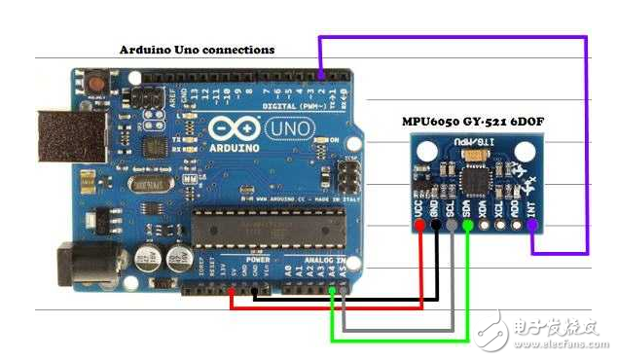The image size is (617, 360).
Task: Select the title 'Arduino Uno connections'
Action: [197, 49]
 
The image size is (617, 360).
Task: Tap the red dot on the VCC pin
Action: [420, 227]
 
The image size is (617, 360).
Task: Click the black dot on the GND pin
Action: [436, 227]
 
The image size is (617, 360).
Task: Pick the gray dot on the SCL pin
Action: [452, 227]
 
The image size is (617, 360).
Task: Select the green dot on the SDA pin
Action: [468, 227]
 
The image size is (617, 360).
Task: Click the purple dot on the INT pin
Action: [532, 227]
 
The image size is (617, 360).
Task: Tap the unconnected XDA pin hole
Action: [484, 227]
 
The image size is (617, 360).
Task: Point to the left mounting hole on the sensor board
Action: [425, 152]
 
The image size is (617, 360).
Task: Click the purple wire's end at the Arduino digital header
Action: [321, 75]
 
